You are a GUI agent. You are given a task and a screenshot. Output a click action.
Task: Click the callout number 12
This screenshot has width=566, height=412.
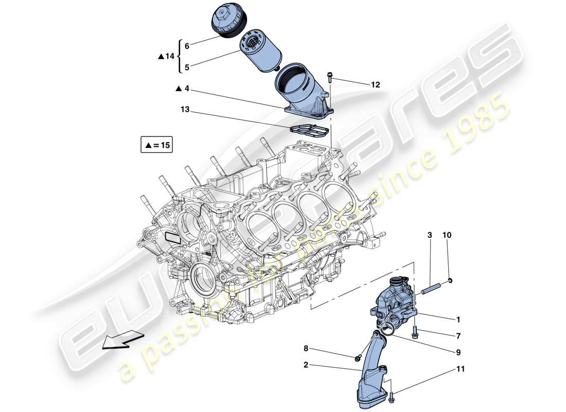tap(375, 84)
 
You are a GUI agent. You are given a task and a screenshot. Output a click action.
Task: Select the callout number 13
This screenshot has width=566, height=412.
tap(184, 109)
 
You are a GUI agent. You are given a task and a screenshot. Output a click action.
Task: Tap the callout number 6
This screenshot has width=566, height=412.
tap(187, 46)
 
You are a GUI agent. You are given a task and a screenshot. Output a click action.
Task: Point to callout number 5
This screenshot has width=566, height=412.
tap(187, 66)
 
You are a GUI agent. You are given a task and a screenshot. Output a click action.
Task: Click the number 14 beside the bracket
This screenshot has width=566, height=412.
tap(170, 56)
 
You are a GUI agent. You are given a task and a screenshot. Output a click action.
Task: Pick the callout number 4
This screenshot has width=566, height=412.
tap(187, 89)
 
